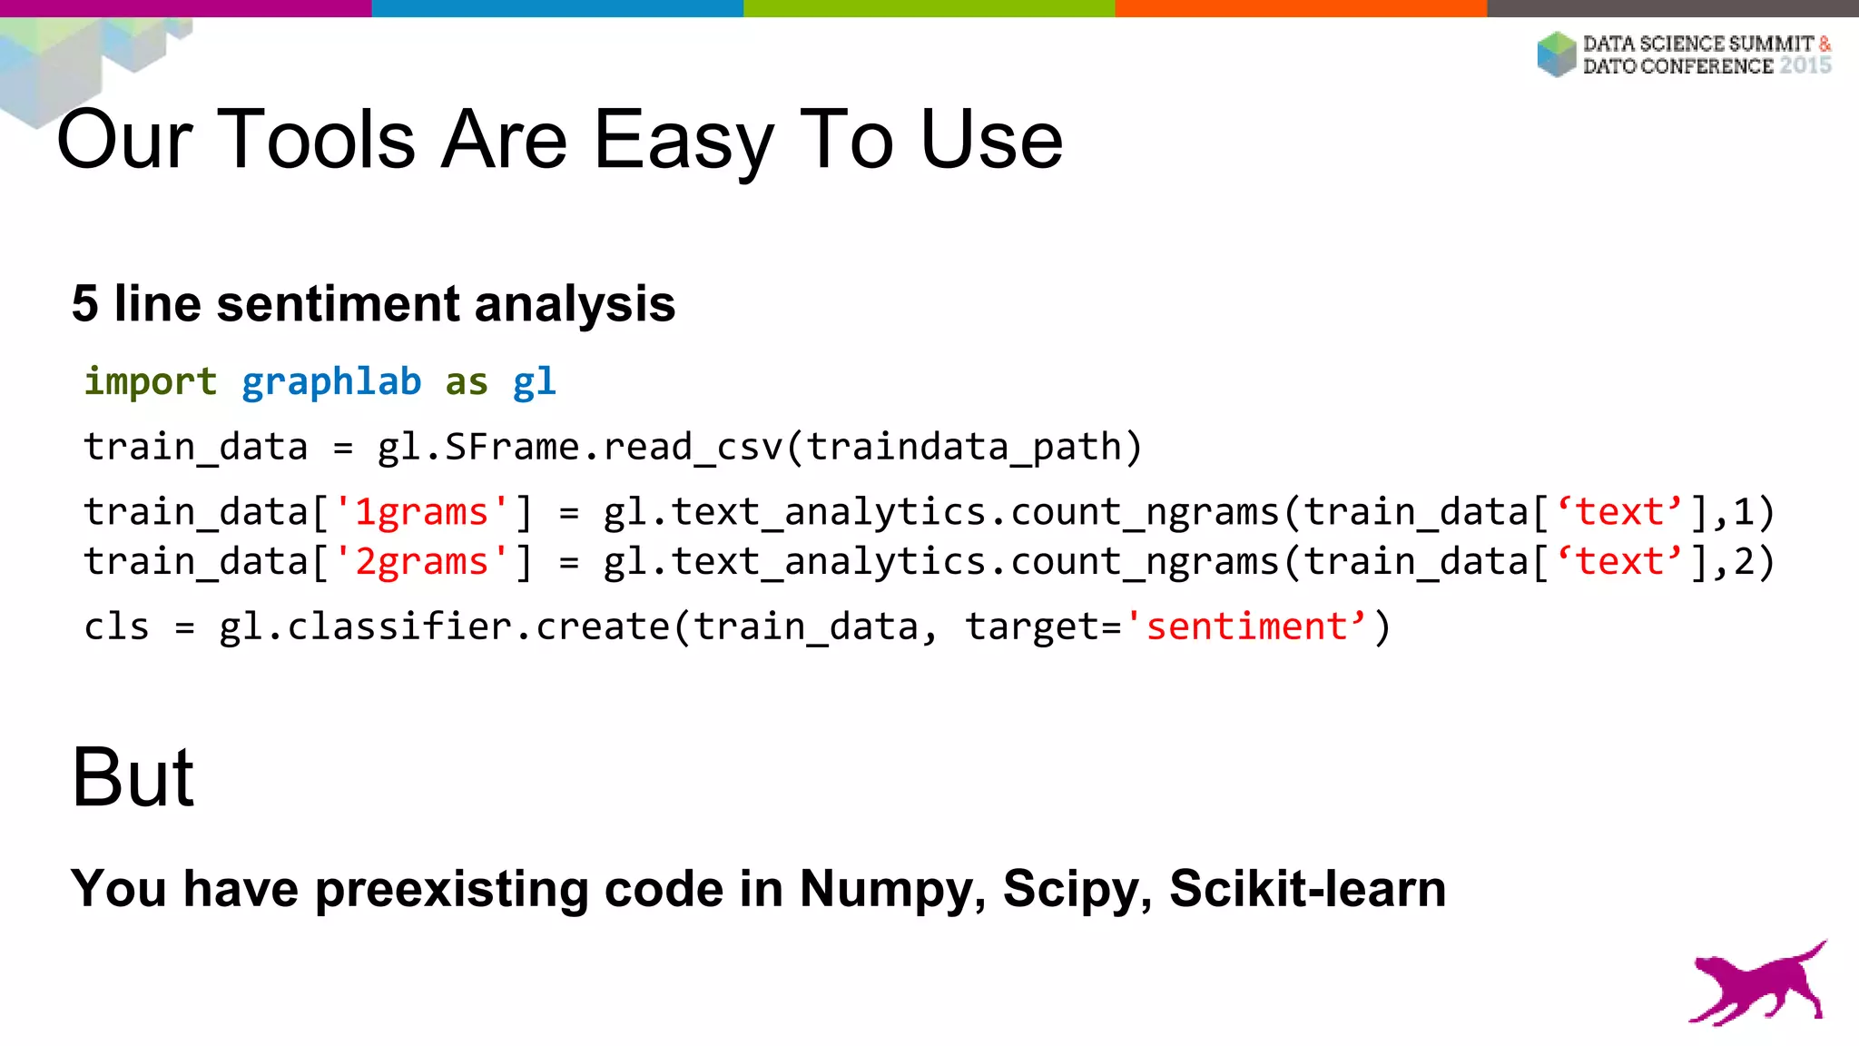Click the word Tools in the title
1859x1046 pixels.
[317, 140]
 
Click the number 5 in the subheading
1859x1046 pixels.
[84, 303]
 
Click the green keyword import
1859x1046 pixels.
[151, 381]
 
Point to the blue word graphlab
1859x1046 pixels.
[331, 381]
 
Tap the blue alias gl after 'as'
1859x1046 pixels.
[534, 381]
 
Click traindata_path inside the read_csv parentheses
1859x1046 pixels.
[964, 447]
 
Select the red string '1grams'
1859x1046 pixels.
[421, 512]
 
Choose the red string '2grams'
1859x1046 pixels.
[421, 562]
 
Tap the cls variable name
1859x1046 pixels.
[116, 627]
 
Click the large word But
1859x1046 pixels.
[133, 777]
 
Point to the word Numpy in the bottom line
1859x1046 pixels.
[891, 888]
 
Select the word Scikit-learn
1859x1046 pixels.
[1307, 888]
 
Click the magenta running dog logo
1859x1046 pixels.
[1757, 984]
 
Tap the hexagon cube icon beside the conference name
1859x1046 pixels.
[1557, 54]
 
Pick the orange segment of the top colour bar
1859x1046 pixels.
[1301, 8]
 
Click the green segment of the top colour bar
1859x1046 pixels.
[929, 8]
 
